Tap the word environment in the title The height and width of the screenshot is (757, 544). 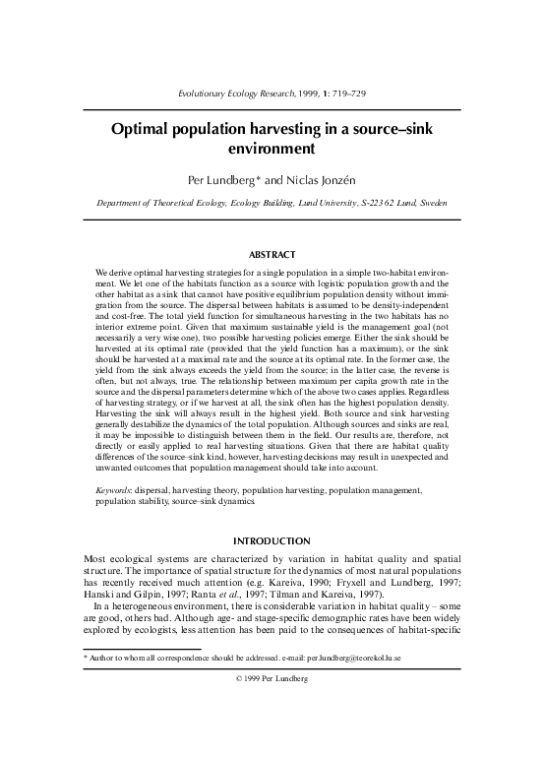(x=272, y=151)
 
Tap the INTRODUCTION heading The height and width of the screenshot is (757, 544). (x=272, y=539)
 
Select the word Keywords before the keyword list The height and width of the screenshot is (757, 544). (x=117, y=491)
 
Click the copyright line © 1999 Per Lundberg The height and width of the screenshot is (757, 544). (x=272, y=734)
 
